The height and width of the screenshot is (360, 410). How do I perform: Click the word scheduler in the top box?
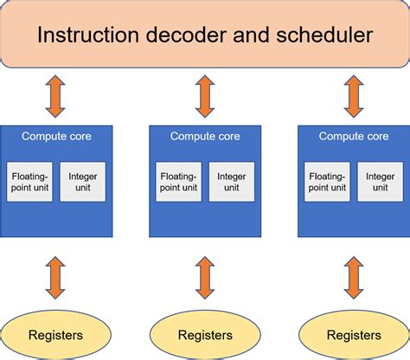(324, 35)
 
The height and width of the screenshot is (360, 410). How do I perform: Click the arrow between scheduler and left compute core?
(56, 95)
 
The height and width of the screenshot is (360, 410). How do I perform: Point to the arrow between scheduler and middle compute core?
(205, 95)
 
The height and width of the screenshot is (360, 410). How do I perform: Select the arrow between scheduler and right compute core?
(353, 95)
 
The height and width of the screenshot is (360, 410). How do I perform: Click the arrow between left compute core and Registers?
(56, 277)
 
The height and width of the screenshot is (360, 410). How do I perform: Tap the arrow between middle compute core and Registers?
(205, 277)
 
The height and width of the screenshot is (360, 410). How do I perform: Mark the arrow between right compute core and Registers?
(353, 277)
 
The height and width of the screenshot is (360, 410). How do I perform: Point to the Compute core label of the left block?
(56, 136)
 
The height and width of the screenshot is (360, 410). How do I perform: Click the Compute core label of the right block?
(353, 136)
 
